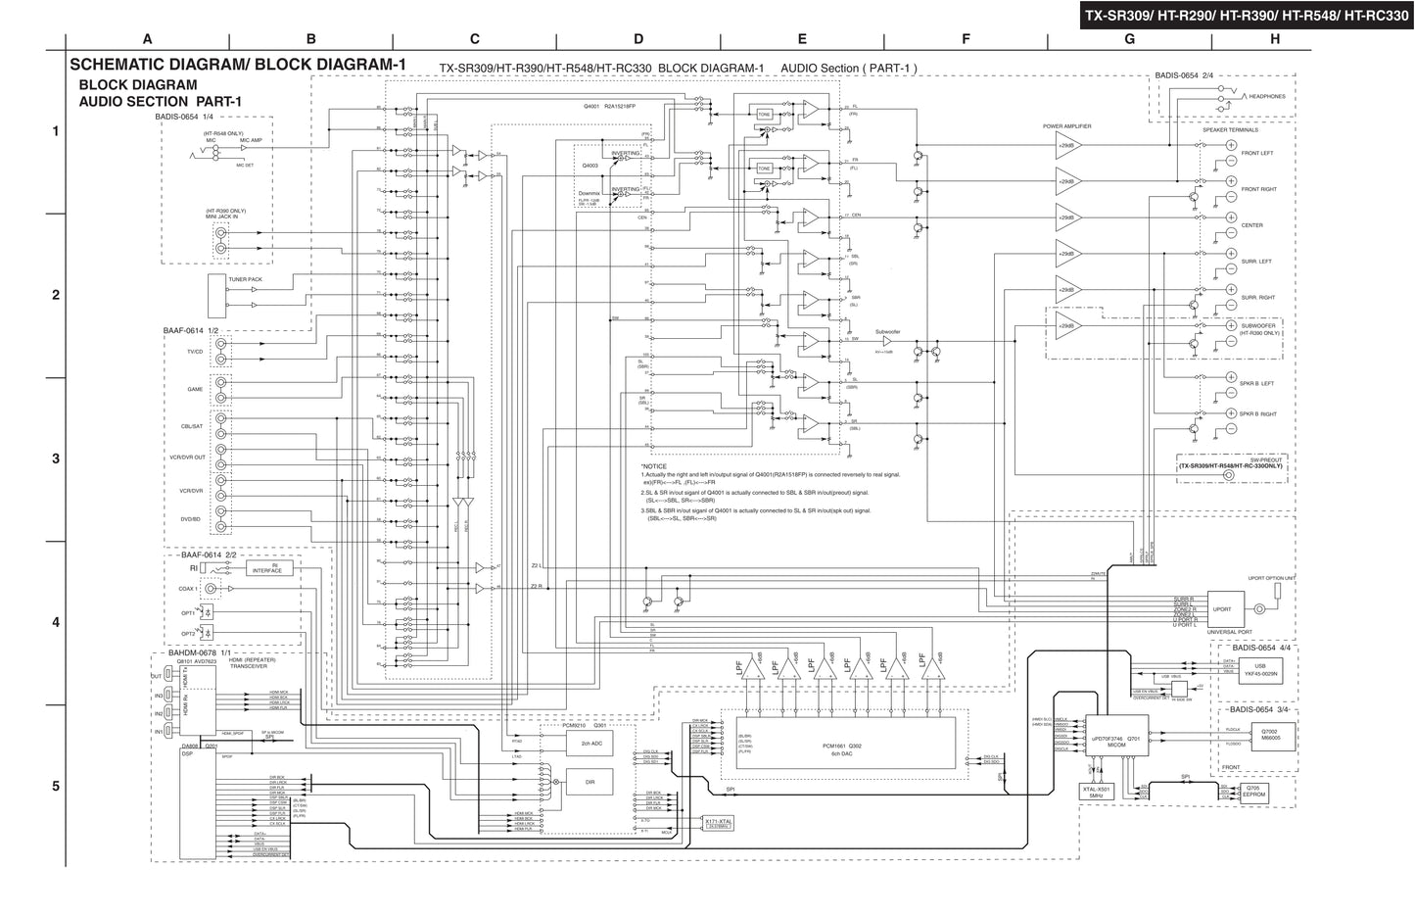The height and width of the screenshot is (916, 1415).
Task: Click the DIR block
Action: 590,782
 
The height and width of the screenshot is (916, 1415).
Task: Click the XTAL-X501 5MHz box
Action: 1097,792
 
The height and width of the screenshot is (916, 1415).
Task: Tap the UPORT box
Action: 1224,608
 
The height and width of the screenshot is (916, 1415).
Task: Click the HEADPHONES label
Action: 1266,97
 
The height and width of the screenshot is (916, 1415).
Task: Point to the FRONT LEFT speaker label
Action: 1257,154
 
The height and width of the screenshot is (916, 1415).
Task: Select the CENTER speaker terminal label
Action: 1252,225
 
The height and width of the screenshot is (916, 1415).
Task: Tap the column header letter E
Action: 802,39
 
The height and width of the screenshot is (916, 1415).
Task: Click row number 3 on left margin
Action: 56,458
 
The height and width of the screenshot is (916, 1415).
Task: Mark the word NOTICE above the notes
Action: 655,466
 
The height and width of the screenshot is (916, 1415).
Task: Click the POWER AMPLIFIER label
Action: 1066,126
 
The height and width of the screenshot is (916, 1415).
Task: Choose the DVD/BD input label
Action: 190,519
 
